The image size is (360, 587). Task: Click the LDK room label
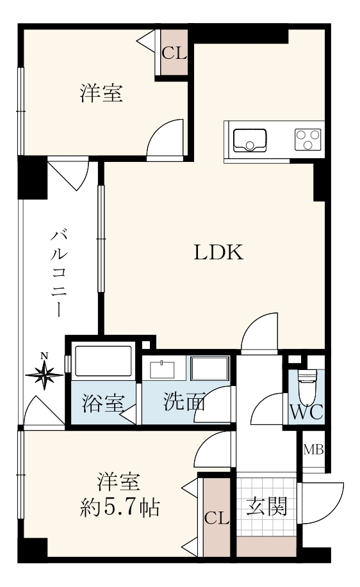(x=218, y=252)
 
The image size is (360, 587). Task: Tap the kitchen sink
(x=250, y=140)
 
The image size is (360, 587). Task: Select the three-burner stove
(x=308, y=140)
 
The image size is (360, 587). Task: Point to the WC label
(x=307, y=412)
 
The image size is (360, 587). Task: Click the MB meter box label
(x=313, y=449)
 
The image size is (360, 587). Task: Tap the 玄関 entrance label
(x=266, y=507)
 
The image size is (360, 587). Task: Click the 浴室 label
(x=102, y=403)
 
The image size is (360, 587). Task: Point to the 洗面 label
(x=184, y=402)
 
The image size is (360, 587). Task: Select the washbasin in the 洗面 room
(x=163, y=370)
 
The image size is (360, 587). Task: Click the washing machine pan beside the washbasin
(x=209, y=369)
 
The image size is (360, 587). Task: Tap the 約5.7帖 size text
(x=120, y=509)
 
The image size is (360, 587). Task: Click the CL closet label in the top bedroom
(x=174, y=54)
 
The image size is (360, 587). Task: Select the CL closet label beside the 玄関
(x=217, y=519)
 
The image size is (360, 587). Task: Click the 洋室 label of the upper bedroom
(x=101, y=93)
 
